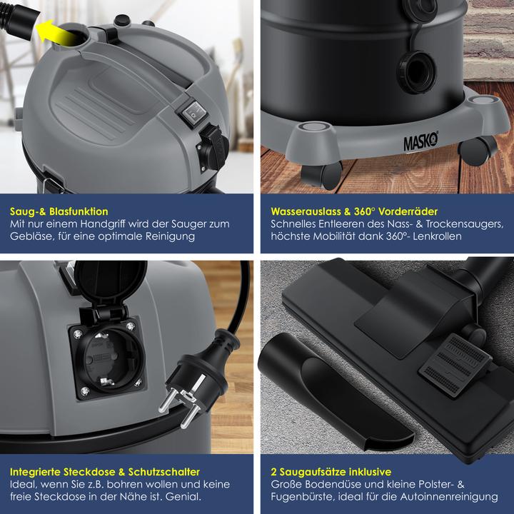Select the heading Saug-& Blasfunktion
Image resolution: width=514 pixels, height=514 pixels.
59,211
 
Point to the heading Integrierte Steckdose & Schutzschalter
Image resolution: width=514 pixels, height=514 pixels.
105,472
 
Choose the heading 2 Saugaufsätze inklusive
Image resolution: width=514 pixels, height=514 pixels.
331,472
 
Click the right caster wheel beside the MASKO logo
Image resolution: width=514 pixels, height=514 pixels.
477,149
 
